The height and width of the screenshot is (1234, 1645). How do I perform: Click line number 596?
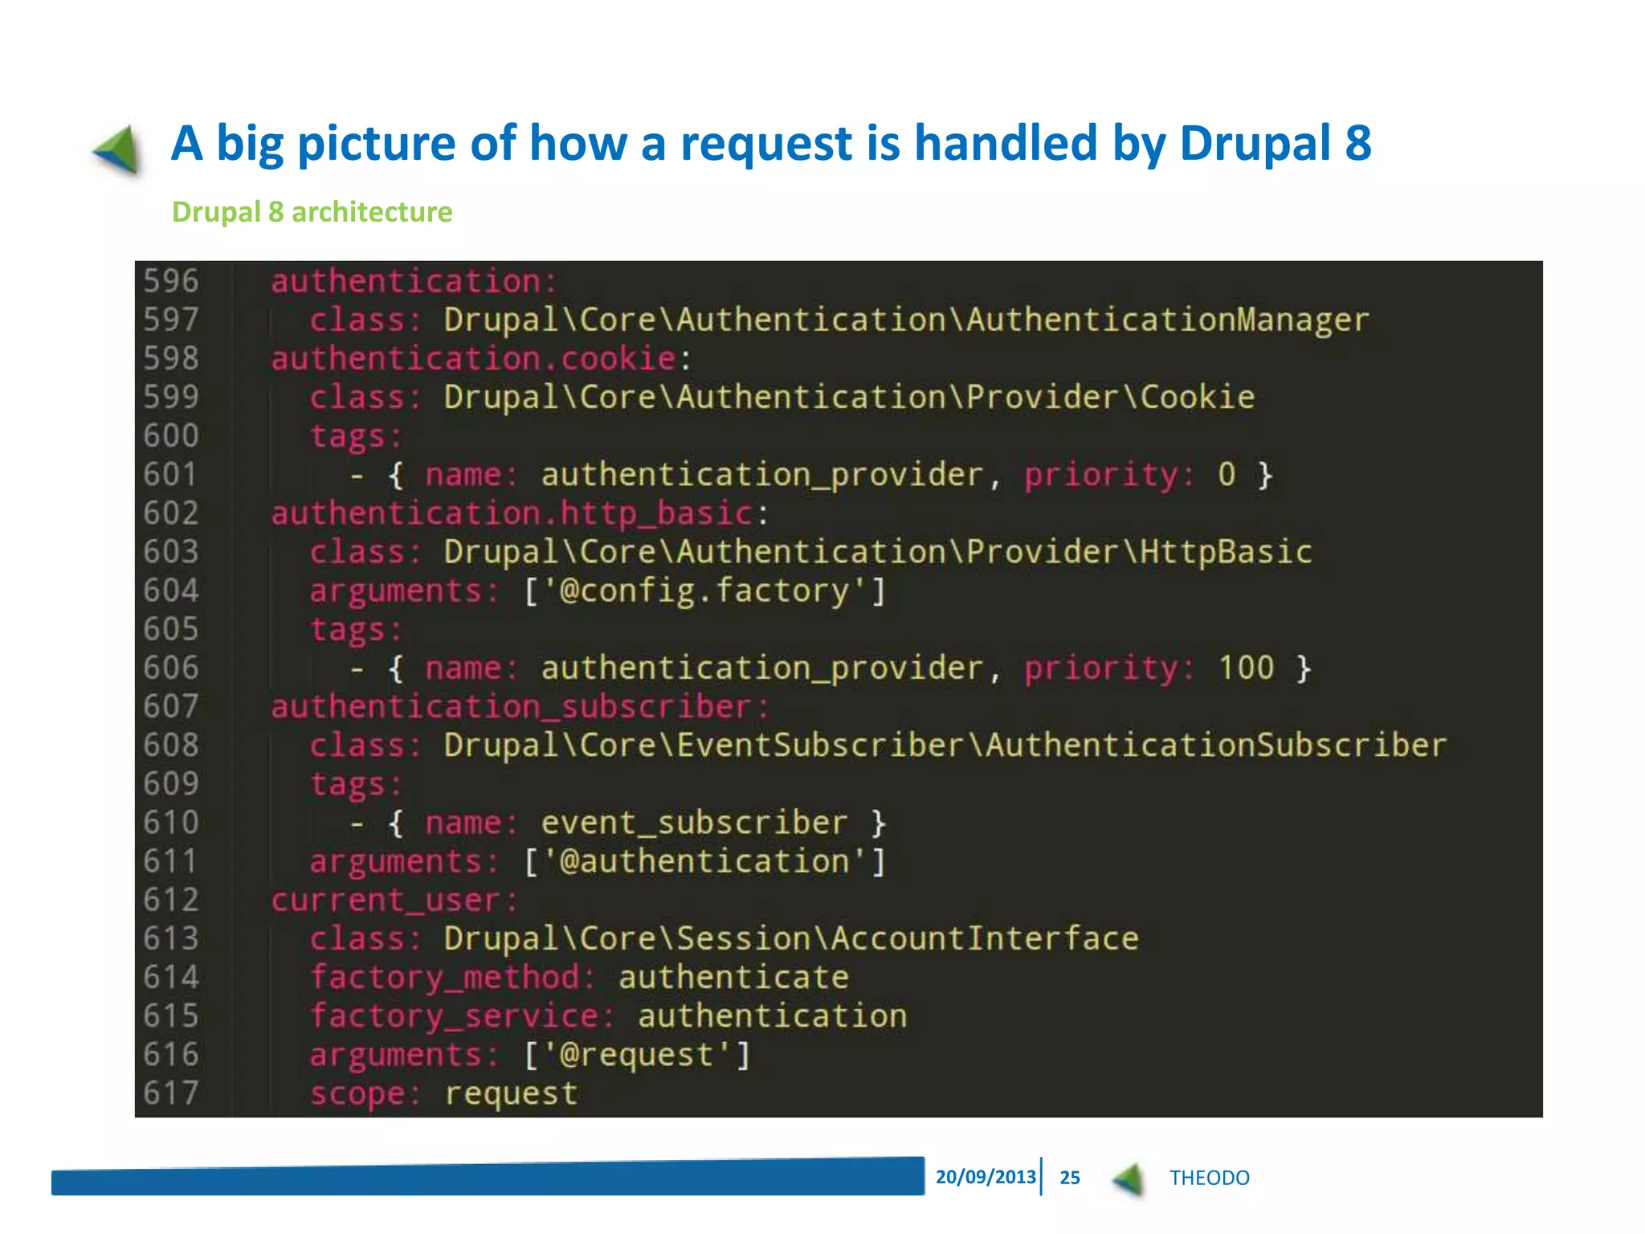point(170,281)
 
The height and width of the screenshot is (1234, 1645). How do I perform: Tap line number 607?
point(170,707)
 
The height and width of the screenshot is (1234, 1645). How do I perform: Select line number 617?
point(170,1093)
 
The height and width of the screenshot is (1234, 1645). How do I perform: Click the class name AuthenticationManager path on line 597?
point(906,320)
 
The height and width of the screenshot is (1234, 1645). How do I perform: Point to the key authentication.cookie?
point(473,358)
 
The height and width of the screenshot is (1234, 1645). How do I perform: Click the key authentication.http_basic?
point(511,513)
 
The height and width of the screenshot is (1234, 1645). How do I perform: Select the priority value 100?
point(1246,668)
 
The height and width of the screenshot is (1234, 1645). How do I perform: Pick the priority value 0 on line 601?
point(1227,475)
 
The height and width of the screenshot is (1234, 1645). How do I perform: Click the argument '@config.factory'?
point(705,591)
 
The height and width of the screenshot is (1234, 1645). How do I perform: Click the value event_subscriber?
point(694,823)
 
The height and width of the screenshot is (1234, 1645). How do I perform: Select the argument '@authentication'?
point(705,862)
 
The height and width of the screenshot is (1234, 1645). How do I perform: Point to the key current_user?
point(386,901)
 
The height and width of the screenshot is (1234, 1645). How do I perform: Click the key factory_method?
point(445,978)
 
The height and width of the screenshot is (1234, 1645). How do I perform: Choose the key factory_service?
point(455,1016)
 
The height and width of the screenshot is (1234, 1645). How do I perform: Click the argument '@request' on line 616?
point(637,1055)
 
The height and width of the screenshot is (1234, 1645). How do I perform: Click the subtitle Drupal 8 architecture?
point(312,212)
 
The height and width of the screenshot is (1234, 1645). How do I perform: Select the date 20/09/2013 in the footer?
point(986,1177)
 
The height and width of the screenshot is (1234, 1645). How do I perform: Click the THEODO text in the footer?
point(1209,1178)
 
